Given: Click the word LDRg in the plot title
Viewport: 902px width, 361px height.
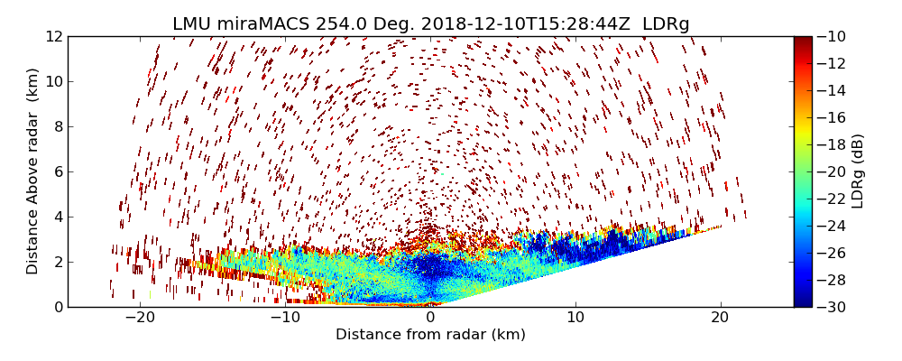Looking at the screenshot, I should (664, 24).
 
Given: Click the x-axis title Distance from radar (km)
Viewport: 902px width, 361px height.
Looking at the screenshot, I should (430, 335).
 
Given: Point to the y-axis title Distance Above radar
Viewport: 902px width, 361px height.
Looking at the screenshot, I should (33, 171).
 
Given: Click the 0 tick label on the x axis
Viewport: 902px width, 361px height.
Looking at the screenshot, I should (430, 318).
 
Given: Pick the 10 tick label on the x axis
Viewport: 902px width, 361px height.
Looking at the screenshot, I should (575, 318).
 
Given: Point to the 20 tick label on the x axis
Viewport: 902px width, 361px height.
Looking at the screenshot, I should (721, 318).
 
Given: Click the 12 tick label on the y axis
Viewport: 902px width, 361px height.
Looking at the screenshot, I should (53, 37).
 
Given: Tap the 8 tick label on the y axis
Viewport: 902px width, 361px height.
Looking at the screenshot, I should (57, 127).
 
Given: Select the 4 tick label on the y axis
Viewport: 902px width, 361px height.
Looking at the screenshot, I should (57, 217).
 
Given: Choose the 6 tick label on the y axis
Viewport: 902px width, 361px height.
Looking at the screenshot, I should (57, 171).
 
